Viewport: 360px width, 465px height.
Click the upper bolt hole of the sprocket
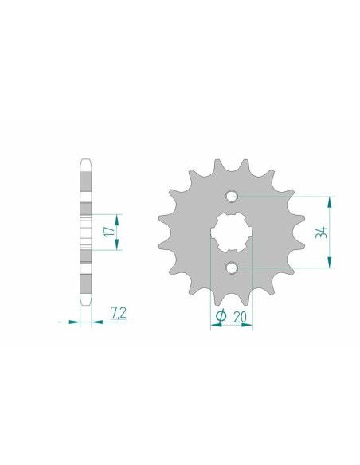click(x=232, y=196)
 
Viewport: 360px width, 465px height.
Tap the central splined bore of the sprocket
click(x=232, y=232)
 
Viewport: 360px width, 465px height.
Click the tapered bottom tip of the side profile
click(x=86, y=304)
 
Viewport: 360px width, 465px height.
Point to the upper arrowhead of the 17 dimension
click(x=117, y=217)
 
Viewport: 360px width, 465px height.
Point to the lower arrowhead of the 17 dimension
click(x=117, y=245)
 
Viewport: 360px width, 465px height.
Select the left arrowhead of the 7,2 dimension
click(x=76, y=322)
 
